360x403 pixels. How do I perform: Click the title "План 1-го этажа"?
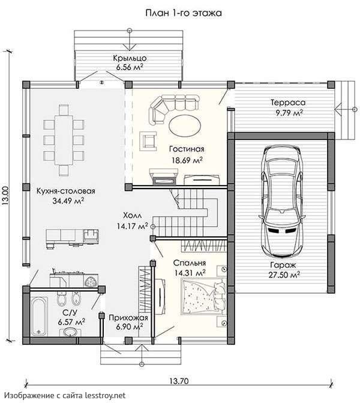184,13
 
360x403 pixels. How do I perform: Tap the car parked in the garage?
283,201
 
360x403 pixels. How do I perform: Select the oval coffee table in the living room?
185,126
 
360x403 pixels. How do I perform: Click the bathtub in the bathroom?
39,317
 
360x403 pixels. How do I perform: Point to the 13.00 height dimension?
6,195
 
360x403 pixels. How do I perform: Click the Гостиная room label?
187,149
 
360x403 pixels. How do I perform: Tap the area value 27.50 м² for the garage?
284,274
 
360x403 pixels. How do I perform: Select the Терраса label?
288,103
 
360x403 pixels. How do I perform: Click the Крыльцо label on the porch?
130,58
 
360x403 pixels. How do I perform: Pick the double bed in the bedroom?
204,296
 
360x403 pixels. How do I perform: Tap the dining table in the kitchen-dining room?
64,141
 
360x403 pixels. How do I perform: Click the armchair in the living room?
148,141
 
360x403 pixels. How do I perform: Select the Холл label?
132,216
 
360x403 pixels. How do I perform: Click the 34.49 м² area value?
68,201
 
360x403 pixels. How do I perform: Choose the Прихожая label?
128,318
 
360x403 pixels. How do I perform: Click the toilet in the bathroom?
62,299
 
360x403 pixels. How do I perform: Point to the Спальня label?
190,263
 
